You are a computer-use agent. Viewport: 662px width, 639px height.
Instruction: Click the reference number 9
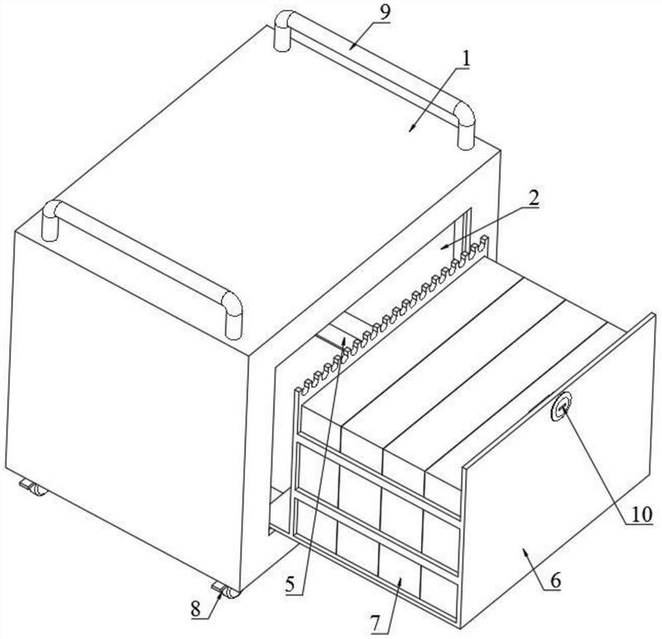coord(385,12)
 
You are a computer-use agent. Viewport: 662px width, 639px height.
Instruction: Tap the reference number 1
coord(465,60)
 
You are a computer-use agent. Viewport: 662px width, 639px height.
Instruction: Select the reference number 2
coord(534,198)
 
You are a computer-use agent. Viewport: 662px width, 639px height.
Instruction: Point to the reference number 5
coord(290,585)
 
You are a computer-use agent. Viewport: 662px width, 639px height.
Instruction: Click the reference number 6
coord(555,581)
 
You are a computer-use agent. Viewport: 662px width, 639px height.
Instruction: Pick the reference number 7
coord(377,622)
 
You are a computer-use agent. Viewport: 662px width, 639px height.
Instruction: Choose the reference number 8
coord(195,609)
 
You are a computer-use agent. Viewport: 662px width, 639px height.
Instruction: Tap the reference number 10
coord(642,515)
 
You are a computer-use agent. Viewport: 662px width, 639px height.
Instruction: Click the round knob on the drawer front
coord(561,406)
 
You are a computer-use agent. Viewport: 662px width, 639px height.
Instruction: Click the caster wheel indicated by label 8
coord(226,590)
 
